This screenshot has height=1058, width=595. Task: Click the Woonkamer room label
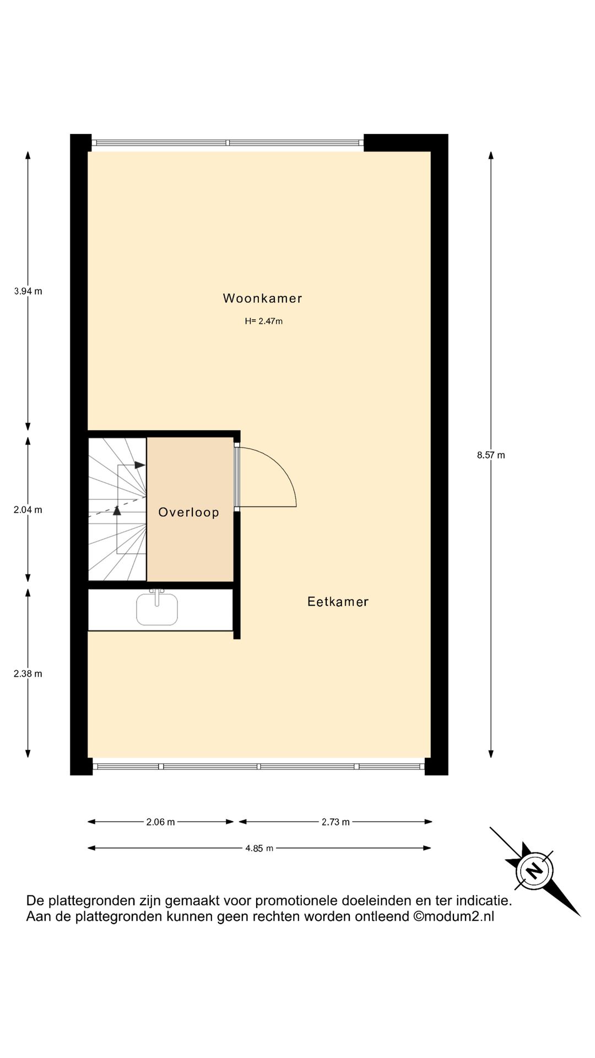pyautogui.click(x=262, y=299)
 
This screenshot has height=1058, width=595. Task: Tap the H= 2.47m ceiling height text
pyautogui.click(x=263, y=321)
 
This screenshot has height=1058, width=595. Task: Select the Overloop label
pyautogui.click(x=188, y=512)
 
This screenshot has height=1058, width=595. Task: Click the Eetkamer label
pyautogui.click(x=338, y=602)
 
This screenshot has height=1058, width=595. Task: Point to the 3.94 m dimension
pyautogui.click(x=28, y=292)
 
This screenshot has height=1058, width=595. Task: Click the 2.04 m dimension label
pyautogui.click(x=28, y=510)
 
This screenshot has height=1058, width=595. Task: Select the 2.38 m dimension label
pyautogui.click(x=28, y=674)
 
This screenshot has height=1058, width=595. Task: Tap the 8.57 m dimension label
pyautogui.click(x=491, y=455)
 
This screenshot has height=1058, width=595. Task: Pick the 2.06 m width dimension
pyautogui.click(x=160, y=822)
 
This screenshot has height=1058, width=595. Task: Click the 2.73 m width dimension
pyautogui.click(x=336, y=822)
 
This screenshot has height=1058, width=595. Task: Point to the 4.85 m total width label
pyautogui.click(x=259, y=849)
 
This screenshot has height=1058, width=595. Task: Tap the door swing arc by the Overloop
pyautogui.click(x=281, y=468)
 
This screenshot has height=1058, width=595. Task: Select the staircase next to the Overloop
pyautogui.click(x=117, y=509)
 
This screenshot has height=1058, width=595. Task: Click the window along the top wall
pyautogui.click(x=228, y=143)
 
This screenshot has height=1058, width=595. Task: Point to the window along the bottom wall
pyautogui.click(x=259, y=766)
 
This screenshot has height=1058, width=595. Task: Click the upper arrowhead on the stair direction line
pyautogui.click(x=140, y=465)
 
